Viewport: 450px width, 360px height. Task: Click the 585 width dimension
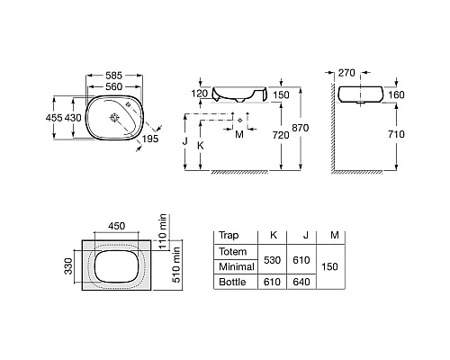(114, 76)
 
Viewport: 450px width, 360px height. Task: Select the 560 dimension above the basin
(114, 86)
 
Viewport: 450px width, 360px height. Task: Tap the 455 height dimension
(54, 118)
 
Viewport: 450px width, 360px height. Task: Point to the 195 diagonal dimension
(150, 139)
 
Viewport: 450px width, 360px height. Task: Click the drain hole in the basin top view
(114, 117)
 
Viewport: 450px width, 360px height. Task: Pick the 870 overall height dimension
(301, 128)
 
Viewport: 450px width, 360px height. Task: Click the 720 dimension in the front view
(281, 135)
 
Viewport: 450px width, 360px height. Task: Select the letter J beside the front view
(185, 140)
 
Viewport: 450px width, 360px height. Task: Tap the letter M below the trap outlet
(239, 134)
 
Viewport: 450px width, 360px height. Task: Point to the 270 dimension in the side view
(346, 73)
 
